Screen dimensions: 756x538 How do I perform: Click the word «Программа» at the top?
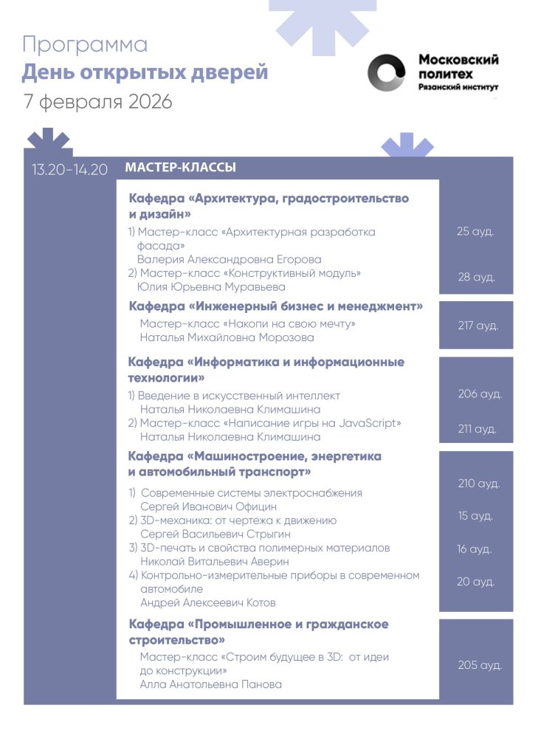click(x=85, y=44)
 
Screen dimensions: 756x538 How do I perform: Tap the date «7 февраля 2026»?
click(x=98, y=101)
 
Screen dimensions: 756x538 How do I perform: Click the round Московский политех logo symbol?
click(x=387, y=74)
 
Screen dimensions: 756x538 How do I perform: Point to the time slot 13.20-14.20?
click(x=69, y=169)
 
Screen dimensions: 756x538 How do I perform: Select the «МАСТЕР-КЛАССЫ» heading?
click(x=181, y=168)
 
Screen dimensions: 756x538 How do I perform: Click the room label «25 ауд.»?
click(x=475, y=231)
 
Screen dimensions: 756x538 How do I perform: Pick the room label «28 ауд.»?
click(x=476, y=277)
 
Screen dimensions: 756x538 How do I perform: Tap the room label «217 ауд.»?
click(x=477, y=325)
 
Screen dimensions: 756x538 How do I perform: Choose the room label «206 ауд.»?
click(x=480, y=394)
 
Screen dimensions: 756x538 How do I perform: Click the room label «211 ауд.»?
click(x=477, y=428)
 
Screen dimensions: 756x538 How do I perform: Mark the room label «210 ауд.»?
click(x=478, y=484)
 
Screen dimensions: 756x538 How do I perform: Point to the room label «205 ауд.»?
click(x=480, y=665)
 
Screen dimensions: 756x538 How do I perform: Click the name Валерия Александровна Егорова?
click(x=230, y=259)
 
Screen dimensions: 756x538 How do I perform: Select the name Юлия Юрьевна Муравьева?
click(x=212, y=286)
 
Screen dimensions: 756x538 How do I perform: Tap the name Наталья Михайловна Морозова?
click(x=227, y=337)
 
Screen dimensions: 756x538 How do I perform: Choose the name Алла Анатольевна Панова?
click(x=211, y=684)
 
